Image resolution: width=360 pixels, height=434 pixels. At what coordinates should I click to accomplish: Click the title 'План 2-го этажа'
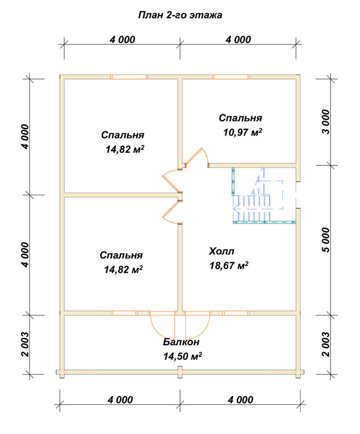(180, 15)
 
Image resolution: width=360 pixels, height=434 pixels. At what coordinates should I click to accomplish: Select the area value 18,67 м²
(229, 266)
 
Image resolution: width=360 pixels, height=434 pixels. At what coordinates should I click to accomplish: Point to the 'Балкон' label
(181, 342)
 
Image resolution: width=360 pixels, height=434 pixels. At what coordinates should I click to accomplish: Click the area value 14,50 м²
(182, 356)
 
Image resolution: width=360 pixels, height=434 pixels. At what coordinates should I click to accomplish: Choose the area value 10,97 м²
(243, 132)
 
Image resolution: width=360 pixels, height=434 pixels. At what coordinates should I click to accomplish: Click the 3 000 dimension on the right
(326, 122)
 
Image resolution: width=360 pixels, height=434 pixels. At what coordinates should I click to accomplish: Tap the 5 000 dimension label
(326, 240)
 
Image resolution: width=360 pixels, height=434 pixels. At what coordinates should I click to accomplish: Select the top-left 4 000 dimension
(122, 39)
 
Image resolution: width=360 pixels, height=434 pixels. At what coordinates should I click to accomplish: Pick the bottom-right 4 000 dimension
(240, 400)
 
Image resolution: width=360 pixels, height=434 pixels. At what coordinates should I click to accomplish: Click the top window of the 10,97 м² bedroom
(231, 77)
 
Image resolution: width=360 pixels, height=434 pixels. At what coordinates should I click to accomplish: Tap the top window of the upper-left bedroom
(129, 77)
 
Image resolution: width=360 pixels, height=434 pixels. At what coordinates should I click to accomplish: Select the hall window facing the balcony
(236, 313)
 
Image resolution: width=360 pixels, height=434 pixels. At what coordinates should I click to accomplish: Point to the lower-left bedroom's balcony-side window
(124, 313)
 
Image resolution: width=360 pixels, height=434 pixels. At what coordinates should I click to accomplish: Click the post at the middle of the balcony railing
(180, 372)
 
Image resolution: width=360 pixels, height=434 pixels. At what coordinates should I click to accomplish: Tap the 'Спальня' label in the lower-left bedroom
(121, 255)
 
